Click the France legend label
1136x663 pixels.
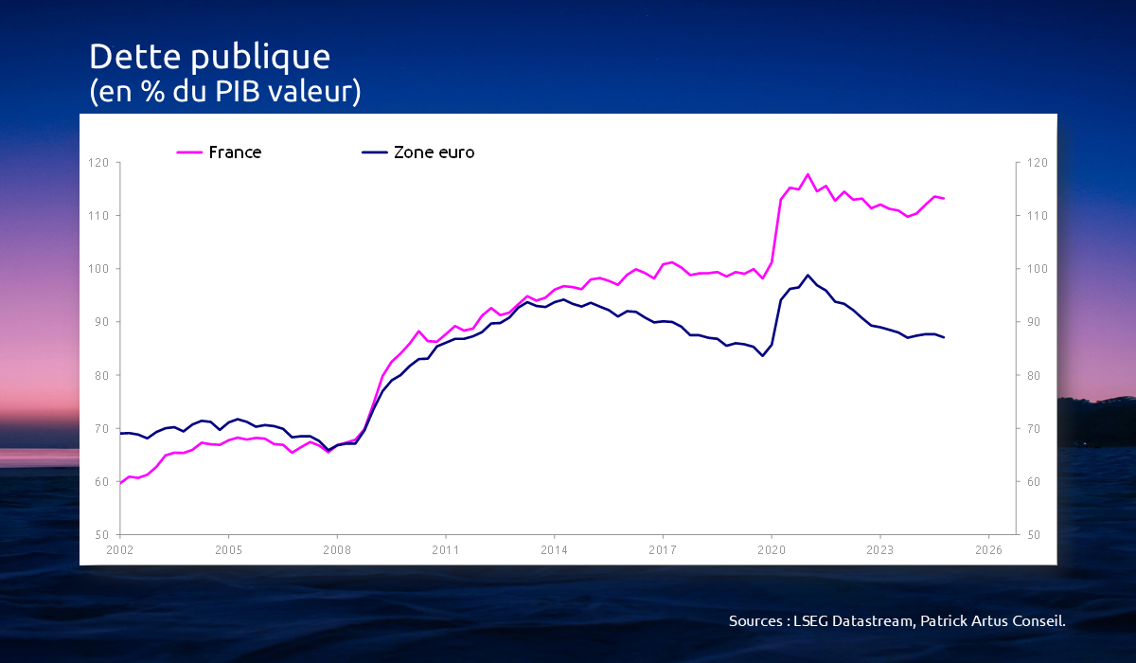[x=235, y=152]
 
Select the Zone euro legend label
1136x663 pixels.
[x=434, y=152]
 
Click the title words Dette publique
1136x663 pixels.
[x=209, y=57]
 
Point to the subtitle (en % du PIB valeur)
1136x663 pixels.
[x=224, y=93]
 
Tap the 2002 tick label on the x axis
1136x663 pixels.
[x=119, y=549]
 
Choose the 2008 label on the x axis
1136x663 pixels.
[x=336, y=549]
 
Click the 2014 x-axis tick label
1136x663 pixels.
[x=554, y=549]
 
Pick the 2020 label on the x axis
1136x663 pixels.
[x=772, y=549]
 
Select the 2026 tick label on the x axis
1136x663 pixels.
[x=988, y=549]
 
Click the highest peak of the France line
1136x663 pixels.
[x=808, y=174]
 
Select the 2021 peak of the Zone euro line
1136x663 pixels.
[x=808, y=276]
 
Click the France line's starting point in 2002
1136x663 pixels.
[x=120, y=483]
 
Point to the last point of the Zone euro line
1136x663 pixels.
[x=944, y=337]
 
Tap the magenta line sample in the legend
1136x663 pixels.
[x=189, y=152]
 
